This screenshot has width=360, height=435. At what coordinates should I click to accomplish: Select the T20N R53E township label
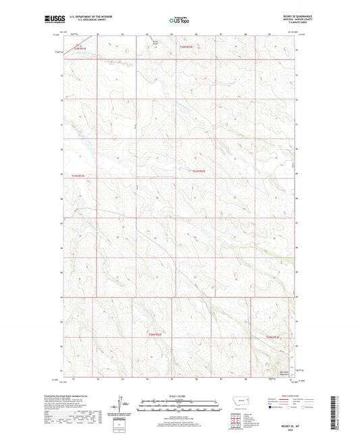(274, 336)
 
